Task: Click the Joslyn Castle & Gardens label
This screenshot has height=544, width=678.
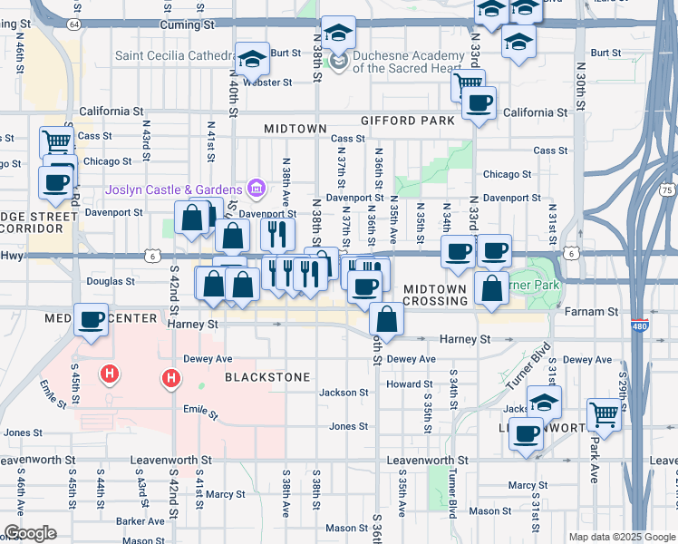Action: click(172, 189)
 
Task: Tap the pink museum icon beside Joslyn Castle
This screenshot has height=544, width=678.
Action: click(257, 189)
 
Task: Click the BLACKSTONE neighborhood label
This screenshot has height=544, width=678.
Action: click(267, 376)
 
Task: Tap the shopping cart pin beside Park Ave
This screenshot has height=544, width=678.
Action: click(603, 414)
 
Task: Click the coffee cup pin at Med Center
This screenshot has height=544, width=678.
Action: click(92, 320)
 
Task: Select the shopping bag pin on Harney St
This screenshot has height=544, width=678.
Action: click(387, 319)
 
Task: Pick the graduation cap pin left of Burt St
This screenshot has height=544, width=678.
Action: click(252, 59)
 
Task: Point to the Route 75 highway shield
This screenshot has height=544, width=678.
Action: click(668, 190)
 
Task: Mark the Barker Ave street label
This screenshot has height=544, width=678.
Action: click(140, 521)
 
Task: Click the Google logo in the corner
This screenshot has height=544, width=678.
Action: click(30, 533)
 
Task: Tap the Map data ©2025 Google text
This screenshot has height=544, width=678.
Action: click(622, 537)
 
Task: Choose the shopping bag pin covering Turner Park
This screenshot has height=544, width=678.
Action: click(491, 289)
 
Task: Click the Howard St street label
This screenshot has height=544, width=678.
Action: click(403, 384)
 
